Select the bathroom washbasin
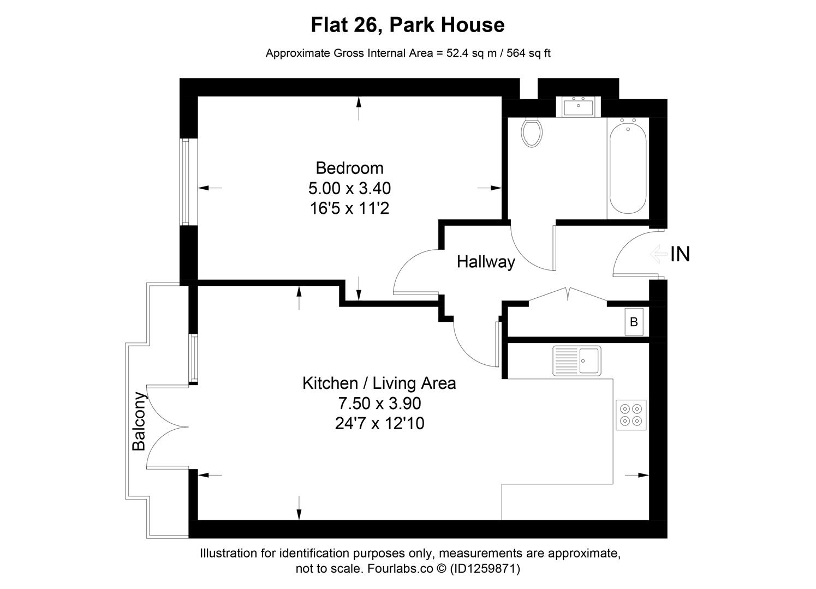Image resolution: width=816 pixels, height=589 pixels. [578, 107]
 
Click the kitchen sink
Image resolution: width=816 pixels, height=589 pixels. [577, 360]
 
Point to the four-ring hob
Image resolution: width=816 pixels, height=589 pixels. [631, 414]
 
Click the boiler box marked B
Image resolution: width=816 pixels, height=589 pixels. [634, 322]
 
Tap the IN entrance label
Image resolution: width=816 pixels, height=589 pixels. [680, 254]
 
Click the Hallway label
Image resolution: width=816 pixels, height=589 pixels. [486, 262]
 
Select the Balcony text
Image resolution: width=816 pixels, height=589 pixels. [139, 421]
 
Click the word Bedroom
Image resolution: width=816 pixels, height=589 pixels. [349, 168]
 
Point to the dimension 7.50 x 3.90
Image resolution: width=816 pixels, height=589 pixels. [379, 404]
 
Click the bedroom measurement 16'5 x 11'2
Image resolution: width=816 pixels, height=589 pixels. [349, 208]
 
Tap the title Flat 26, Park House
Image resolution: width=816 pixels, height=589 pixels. [407, 25]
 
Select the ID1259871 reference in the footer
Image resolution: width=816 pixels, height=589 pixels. [484, 569]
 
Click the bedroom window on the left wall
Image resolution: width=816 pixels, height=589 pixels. [185, 182]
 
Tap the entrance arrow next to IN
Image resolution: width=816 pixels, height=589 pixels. [658, 254]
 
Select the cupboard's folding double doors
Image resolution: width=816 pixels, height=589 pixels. [568, 294]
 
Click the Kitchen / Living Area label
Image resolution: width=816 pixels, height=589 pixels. [379, 383]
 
